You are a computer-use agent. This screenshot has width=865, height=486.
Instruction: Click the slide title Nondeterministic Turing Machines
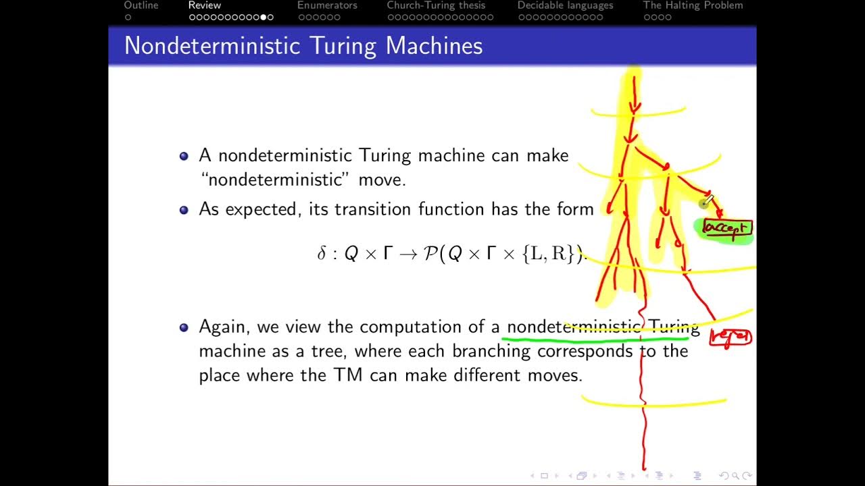click(303, 46)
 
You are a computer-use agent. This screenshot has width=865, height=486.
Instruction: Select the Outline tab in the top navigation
click(141, 5)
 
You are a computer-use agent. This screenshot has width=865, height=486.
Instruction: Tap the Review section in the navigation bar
click(205, 5)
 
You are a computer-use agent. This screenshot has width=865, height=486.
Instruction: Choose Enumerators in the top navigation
click(327, 5)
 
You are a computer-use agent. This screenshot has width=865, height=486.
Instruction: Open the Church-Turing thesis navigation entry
click(436, 5)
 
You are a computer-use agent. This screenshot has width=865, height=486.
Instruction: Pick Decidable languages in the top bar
click(565, 5)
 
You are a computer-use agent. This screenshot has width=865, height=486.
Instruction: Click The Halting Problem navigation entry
click(693, 5)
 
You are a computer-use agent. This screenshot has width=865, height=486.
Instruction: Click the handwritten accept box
click(726, 229)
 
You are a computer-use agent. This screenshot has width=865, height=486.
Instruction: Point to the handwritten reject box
click(731, 337)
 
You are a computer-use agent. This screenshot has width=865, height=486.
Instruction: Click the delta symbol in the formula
click(322, 254)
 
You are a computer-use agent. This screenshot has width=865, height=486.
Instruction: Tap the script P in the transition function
click(430, 254)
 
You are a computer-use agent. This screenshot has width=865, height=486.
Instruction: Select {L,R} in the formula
click(551, 254)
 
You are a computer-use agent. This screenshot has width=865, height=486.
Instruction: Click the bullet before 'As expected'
click(184, 210)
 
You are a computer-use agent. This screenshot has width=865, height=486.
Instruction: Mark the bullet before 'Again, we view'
click(184, 327)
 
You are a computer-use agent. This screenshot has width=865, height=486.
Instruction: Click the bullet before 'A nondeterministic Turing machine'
click(184, 156)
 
